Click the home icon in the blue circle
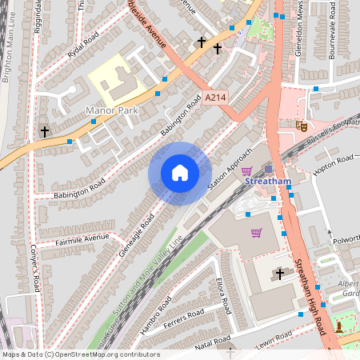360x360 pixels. coord(180,173)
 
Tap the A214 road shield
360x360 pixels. coord(215,97)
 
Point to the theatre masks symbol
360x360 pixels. coord(302,126)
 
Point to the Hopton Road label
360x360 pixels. coord(334,166)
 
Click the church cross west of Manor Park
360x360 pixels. coord(44,130)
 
